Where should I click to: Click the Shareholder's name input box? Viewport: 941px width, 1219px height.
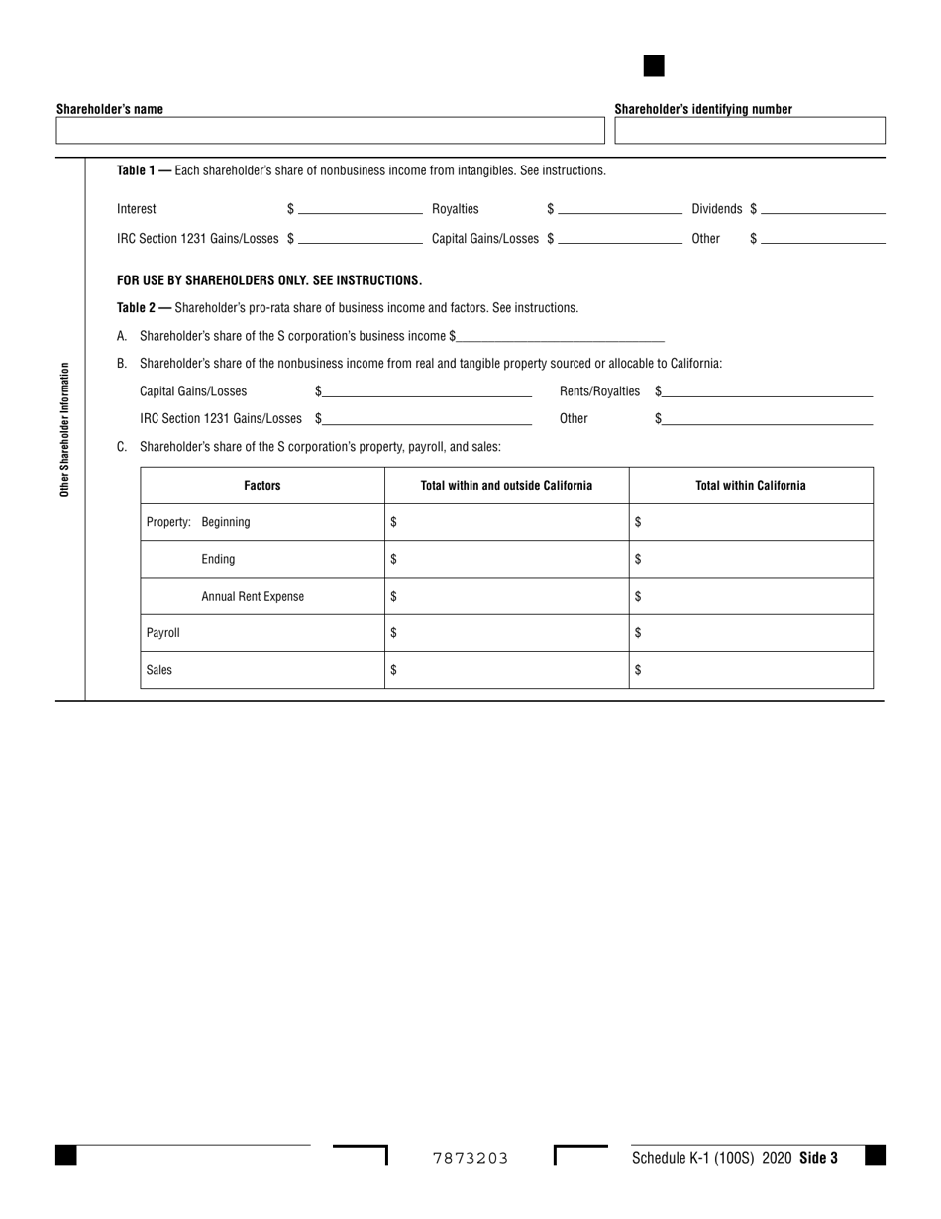[330, 131]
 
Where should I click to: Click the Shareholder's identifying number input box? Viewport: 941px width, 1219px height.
[750, 131]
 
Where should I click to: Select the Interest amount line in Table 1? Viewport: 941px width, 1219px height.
[360, 209]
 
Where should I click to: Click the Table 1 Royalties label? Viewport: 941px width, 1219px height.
[455, 209]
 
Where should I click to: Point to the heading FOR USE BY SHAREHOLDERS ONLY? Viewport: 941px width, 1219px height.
[269, 280]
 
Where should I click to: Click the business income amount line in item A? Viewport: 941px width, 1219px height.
[560, 336]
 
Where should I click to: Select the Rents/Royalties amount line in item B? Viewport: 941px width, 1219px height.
[768, 391]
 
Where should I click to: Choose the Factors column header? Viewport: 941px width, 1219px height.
[262, 486]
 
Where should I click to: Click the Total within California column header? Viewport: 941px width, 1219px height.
[751, 486]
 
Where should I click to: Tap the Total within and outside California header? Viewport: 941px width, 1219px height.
[506, 486]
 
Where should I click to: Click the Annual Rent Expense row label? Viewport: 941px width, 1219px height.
[253, 597]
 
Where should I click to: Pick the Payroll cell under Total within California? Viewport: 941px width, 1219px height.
[751, 633]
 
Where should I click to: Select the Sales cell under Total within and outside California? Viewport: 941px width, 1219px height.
[506, 670]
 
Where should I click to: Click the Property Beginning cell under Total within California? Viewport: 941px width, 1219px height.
[751, 522]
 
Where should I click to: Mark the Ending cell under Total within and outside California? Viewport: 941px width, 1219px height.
[506, 559]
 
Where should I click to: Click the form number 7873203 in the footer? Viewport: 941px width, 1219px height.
[470, 1158]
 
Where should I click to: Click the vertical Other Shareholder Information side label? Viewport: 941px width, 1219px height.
[65, 429]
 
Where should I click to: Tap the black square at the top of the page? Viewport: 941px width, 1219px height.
[654, 66]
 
